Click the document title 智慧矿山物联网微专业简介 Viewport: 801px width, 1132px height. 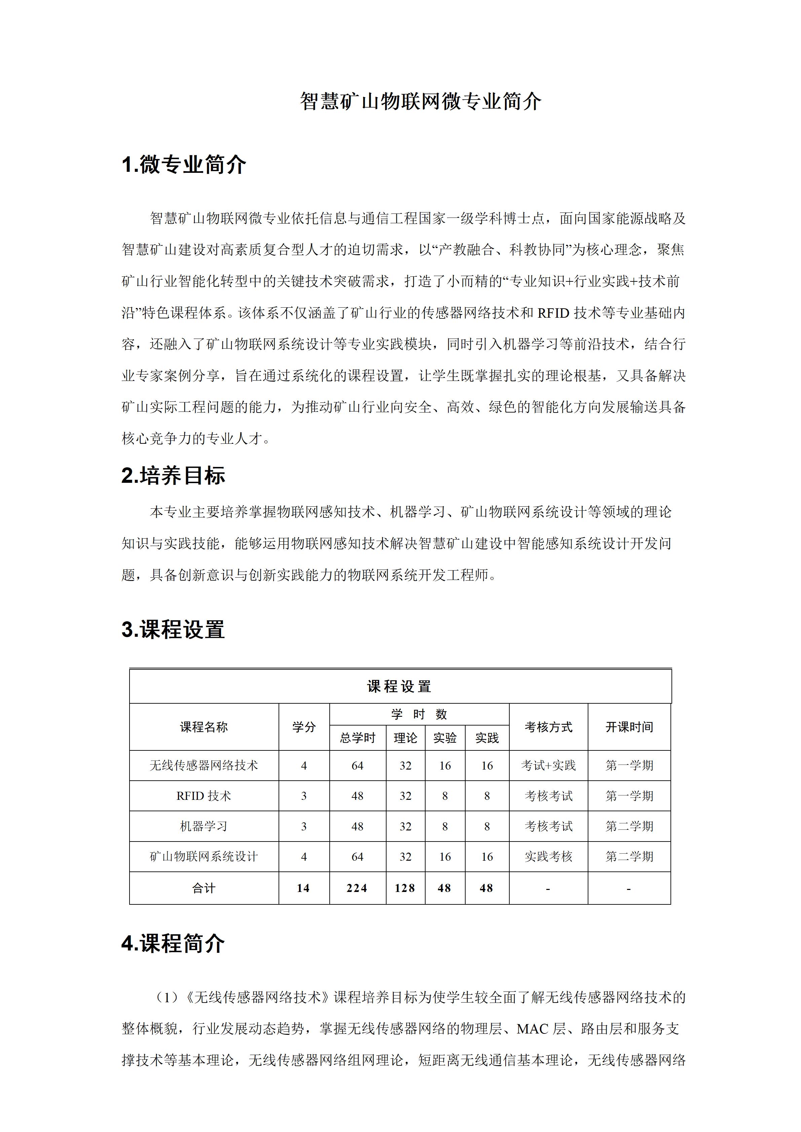(421, 102)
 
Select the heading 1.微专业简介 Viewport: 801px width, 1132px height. (183, 165)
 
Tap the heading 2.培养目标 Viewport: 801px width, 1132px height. (173, 476)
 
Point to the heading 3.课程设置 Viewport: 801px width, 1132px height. (173, 630)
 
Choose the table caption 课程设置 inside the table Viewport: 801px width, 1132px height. (400, 686)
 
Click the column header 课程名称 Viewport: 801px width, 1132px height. (204, 727)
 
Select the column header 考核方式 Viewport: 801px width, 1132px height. (548, 727)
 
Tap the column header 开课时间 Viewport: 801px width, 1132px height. (629, 727)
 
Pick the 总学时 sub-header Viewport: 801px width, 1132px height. (358, 738)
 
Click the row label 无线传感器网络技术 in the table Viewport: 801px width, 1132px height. (204, 766)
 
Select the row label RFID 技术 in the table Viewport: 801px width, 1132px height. (204, 796)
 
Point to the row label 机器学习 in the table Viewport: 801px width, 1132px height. (204, 826)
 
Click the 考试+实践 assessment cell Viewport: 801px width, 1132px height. (548, 766)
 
